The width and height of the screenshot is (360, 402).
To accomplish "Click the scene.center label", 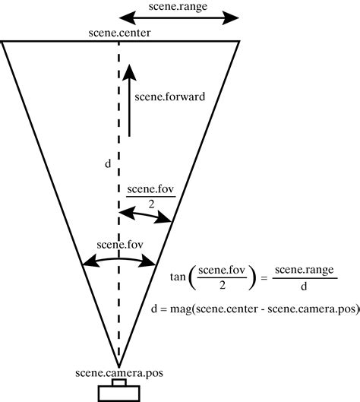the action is click(119, 33).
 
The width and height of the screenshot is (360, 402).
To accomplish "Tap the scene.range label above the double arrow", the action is click(178, 6).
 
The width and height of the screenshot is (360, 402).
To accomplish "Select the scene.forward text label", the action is click(169, 97).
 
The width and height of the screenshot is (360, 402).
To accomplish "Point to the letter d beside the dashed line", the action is click(108, 163).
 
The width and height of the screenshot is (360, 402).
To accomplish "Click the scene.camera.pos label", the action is click(119, 373).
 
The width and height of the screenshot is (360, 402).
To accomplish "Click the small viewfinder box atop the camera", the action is click(119, 382).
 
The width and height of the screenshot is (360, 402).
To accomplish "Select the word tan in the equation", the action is click(178, 277).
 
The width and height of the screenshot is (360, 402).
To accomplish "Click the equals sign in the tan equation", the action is click(264, 278).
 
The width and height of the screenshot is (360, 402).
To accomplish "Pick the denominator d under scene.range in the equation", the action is click(304, 286).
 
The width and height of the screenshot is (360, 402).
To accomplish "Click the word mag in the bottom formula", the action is click(181, 309).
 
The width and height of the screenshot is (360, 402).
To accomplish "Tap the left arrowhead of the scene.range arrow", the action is click(126, 18).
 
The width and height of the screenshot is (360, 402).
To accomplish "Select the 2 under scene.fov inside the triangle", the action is click(151, 204).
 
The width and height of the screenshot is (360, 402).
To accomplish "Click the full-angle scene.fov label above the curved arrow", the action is click(120, 245).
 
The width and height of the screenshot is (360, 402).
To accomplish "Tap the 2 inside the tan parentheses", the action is click(222, 285).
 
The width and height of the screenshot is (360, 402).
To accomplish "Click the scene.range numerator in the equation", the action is click(304, 270).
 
